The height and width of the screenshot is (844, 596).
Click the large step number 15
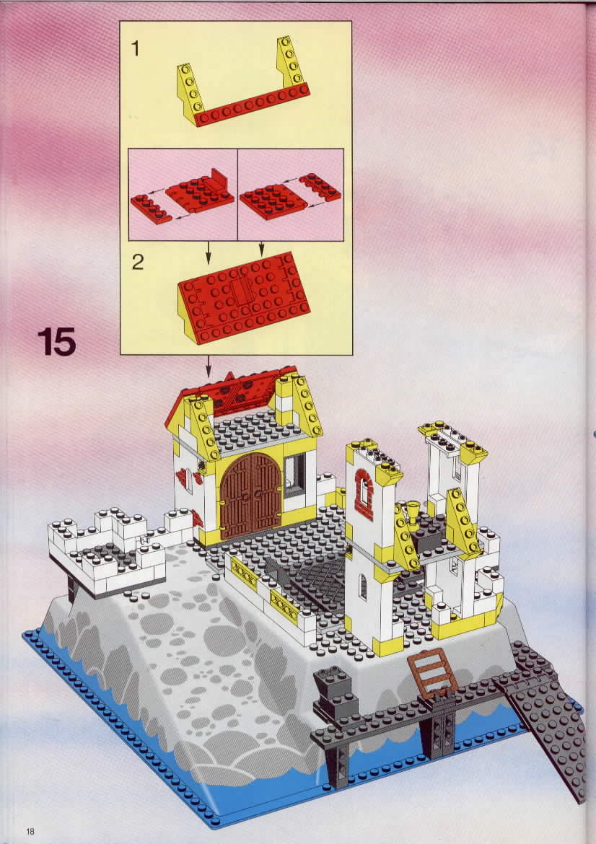tap(57, 342)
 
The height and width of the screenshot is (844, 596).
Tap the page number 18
tap(30, 831)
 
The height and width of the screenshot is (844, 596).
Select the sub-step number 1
tap(135, 48)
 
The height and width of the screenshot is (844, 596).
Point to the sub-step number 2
tap(138, 262)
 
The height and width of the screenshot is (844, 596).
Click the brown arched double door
tap(250, 496)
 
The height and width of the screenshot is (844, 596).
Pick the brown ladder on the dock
tap(432, 673)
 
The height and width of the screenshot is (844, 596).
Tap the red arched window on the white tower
tap(364, 494)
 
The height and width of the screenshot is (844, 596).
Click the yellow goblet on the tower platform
tap(413, 512)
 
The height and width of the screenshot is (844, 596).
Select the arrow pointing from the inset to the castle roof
tap(209, 366)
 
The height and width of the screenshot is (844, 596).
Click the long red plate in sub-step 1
tap(251, 105)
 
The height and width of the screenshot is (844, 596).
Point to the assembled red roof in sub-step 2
tap(244, 298)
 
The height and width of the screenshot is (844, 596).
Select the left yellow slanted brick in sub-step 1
tap(190, 94)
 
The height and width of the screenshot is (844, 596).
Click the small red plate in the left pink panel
tap(151, 209)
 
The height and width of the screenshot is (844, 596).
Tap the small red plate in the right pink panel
tap(320, 187)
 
